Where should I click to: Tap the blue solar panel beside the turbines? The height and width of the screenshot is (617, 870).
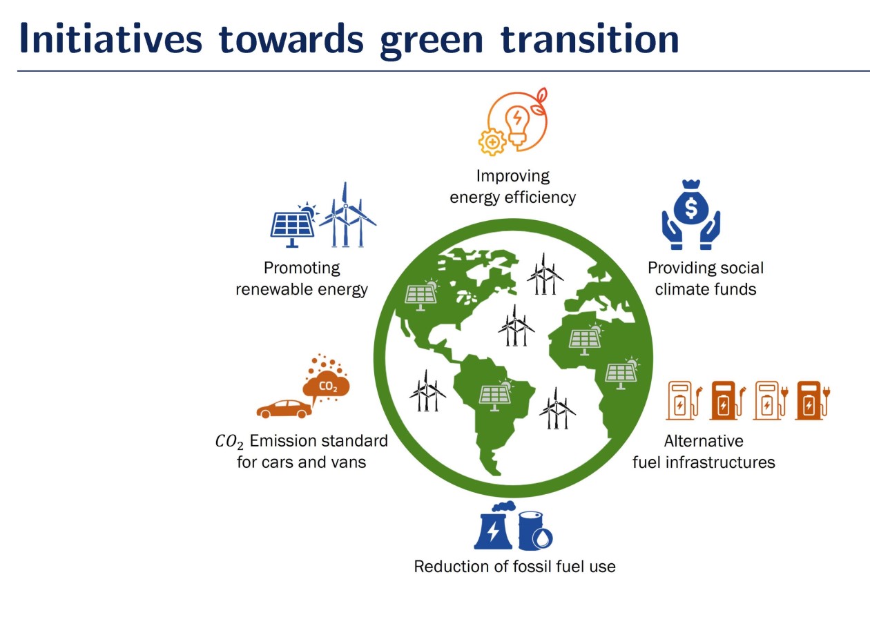click(x=291, y=224)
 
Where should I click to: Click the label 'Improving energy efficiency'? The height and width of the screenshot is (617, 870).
click(x=512, y=186)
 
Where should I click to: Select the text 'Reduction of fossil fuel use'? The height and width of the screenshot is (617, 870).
click(x=514, y=567)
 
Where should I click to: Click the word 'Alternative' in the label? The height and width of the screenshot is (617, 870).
click(x=703, y=440)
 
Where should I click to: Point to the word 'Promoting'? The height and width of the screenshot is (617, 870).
click(x=302, y=268)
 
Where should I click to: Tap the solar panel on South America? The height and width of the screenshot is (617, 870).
click(x=496, y=395)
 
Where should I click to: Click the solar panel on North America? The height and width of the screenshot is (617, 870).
click(x=420, y=295)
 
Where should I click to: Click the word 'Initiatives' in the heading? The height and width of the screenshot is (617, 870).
click(x=110, y=40)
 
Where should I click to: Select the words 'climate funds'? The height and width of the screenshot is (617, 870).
click(x=705, y=288)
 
